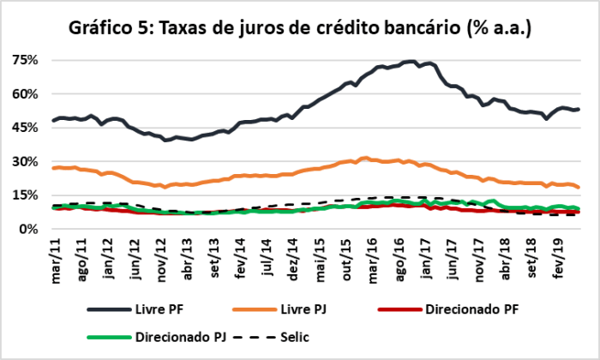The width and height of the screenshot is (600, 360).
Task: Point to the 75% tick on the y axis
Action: (x=26, y=60)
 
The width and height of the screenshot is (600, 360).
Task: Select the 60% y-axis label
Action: (x=26, y=93)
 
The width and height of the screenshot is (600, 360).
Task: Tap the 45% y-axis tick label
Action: (x=26, y=127)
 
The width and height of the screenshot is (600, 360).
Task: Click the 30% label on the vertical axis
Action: (x=26, y=161)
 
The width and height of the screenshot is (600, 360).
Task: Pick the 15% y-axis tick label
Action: (x=26, y=195)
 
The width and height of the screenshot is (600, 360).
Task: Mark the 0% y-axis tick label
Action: (x=28, y=229)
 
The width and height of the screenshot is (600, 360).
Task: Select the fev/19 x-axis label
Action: (x=559, y=254)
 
